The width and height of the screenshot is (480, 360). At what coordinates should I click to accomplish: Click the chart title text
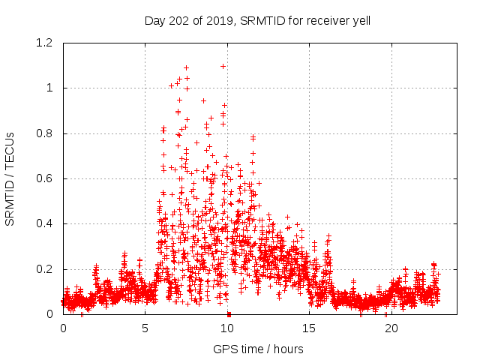tap(257, 20)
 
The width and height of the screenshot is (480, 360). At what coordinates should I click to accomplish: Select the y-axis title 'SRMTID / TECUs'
tap(10, 178)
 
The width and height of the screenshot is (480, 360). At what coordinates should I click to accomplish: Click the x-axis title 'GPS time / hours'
tap(257, 349)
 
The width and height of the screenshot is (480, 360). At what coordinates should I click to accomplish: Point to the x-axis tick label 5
tap(145, 328)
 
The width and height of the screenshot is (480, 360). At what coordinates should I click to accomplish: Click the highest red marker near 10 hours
tap(223, 66)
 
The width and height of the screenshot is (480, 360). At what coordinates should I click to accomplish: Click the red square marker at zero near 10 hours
tap(229, 313)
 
